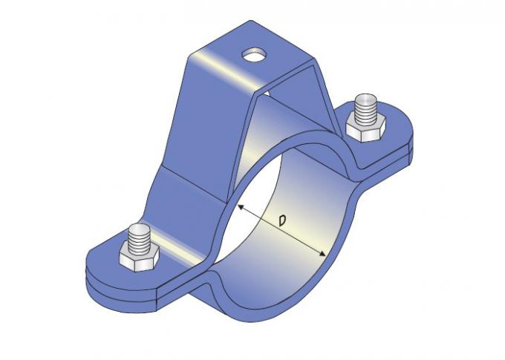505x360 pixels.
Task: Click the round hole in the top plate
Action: [255, 54]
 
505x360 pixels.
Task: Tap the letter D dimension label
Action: [282, 220]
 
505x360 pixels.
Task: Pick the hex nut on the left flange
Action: [138, 259]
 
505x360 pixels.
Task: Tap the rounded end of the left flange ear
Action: [93, 260]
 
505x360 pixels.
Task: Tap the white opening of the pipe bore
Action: [252, 186]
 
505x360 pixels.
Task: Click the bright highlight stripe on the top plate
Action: [223, 71]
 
